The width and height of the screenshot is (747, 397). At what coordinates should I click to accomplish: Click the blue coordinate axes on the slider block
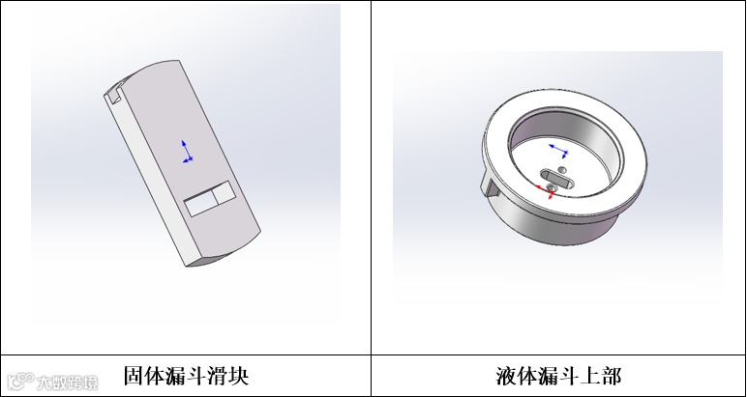coord(187,153)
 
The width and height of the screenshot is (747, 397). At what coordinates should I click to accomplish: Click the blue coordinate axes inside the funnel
coord(559,151)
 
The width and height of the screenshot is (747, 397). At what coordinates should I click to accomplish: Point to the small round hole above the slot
coord(562,169)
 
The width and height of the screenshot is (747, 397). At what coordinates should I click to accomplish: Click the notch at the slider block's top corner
coord(114,94)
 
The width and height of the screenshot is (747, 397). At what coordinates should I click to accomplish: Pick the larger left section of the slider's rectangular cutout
coord(201,206)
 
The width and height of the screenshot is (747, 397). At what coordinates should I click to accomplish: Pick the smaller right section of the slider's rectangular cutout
coord(224,191)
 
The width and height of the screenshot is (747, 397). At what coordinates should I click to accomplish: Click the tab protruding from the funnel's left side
coord(490,184)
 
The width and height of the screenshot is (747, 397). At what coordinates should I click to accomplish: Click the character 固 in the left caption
coord(134,376)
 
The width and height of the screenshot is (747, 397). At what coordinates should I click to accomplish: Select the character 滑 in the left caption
coord(218,376)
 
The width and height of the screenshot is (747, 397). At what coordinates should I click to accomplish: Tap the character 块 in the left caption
coord(239,376)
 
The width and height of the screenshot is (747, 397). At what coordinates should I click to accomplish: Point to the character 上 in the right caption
coord(590,376)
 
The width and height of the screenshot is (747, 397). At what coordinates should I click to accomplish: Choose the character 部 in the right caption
coord(612,376)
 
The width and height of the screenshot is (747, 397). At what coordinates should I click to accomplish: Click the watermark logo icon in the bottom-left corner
coord(21,381)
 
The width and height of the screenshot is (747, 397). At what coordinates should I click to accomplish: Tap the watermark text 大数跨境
coord(67,383)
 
